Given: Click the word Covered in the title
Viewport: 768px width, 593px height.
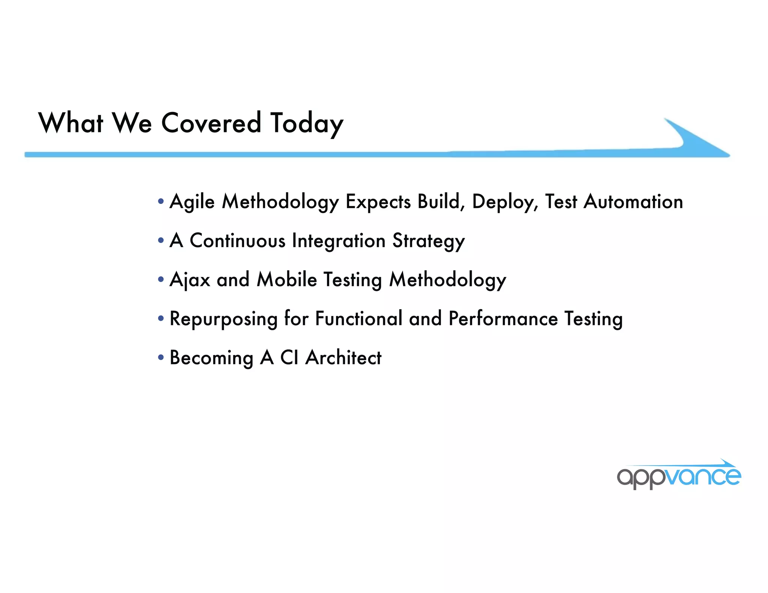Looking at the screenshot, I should (x=211, y=123).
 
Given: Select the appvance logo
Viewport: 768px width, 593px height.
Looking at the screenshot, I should (x=679, y=475).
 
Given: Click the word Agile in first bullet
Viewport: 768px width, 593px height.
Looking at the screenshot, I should (x=192, y=202).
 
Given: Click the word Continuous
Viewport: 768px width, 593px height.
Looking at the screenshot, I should (x=237, y=241).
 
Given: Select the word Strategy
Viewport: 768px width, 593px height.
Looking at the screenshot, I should (x=428, y=241).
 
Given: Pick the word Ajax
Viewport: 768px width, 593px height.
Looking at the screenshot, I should (x=190, y=280).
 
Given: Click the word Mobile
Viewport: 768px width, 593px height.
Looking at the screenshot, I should (x=287, y=280).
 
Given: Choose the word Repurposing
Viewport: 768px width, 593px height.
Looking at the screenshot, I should (x=223, y=319).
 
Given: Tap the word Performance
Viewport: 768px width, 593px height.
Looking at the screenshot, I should (x=503, y=319).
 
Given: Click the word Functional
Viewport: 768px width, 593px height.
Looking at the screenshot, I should (x=358, y=319).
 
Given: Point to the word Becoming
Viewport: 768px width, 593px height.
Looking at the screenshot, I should (x=211, y=358).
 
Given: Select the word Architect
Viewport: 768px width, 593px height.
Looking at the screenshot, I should (x=343, y=358).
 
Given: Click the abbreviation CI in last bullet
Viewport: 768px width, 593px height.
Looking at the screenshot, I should (x=289, y=358).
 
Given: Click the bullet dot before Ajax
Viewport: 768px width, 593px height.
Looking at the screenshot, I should (x=161, y=279).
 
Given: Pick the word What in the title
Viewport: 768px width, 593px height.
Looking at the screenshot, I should (x=70, y=123).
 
